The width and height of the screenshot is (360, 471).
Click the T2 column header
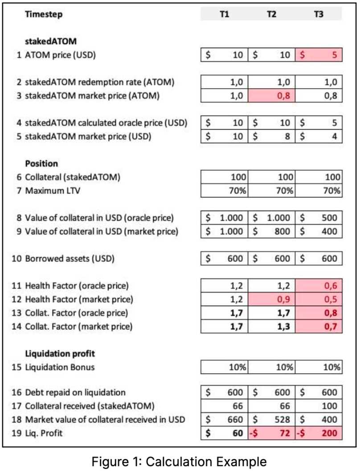click(x=271, y=14)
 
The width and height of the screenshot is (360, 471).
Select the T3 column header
click(x=319, y=14)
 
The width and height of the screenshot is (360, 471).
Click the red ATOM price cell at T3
click(x=319, y=56)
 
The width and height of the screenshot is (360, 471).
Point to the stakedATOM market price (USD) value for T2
click(x=271, y=136)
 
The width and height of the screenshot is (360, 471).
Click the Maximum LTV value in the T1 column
click(x=225, y=191)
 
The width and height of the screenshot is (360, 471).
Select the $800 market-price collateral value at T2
click(x=271, y=232)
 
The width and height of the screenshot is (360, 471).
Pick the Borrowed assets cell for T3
click(x=319, y=258)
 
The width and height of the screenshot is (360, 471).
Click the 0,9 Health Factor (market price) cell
click(x=271, y=299)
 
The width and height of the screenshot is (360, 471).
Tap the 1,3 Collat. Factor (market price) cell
click(x=271, y=326)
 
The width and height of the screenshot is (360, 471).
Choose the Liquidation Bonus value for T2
click(x=271, y=367)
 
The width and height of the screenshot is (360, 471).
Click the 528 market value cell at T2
click(x=271, y=420)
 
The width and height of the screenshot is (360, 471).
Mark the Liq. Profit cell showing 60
click(x=225, y=433)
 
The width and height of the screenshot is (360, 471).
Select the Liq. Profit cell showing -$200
click(x=319, y=433)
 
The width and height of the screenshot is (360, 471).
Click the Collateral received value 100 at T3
click(x=319, y=406)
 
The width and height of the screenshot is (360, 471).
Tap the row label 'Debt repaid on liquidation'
click(x=75, y=393)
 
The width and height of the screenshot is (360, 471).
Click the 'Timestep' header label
click(x=44, y=14)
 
